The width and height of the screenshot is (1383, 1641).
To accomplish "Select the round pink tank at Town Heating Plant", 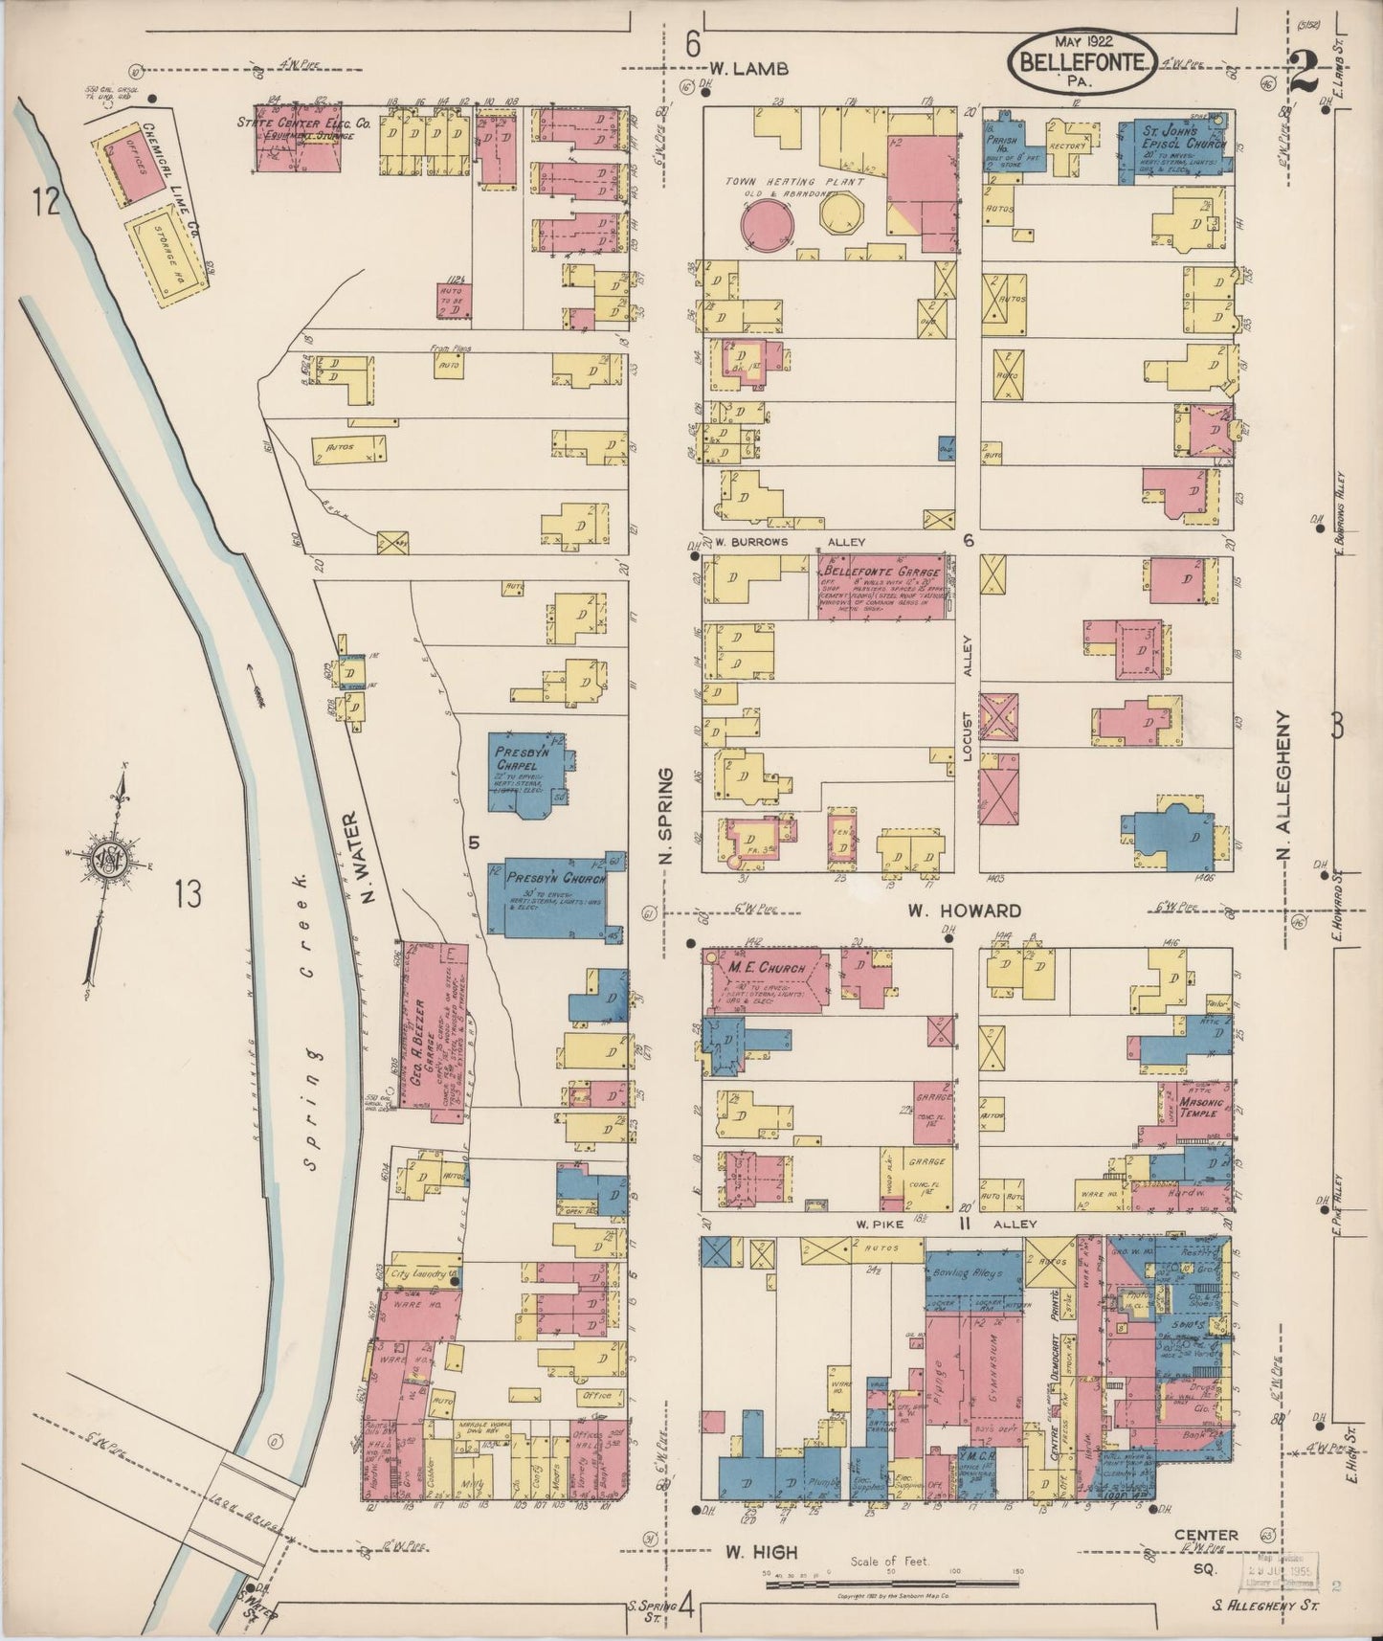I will click(768, 223).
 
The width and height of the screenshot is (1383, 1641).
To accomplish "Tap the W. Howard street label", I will click(972, 910).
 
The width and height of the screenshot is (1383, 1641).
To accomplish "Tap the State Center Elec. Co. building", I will click(298, 144).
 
